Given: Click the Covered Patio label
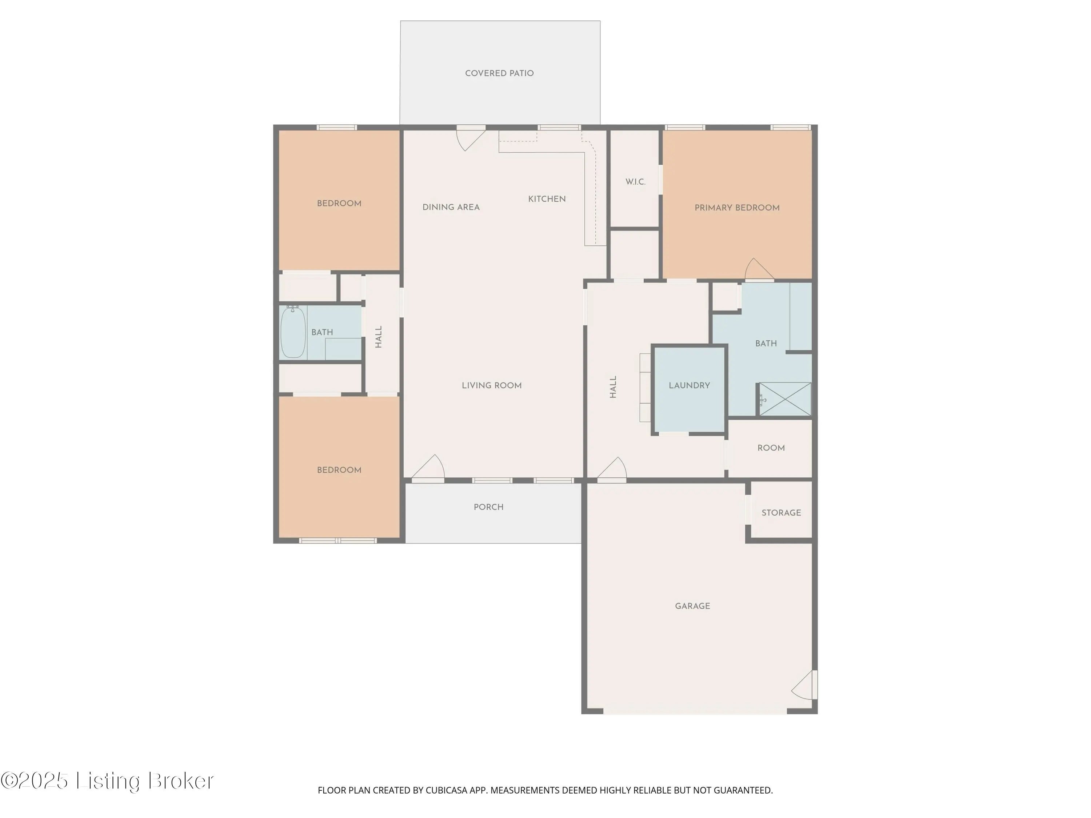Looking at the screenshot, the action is point(499,73).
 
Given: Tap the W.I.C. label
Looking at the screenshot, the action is point(635,182).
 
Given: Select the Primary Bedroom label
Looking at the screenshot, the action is point(737,208).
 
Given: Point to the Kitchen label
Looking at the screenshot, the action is point(547,199).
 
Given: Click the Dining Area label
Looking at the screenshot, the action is point(451,208).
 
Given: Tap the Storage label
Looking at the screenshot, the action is point(781,513).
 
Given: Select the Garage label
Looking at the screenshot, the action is point(692,606).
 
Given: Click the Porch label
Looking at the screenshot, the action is point(488,507).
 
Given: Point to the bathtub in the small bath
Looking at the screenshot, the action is point(293,332).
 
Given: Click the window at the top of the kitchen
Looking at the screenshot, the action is point(559,128).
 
